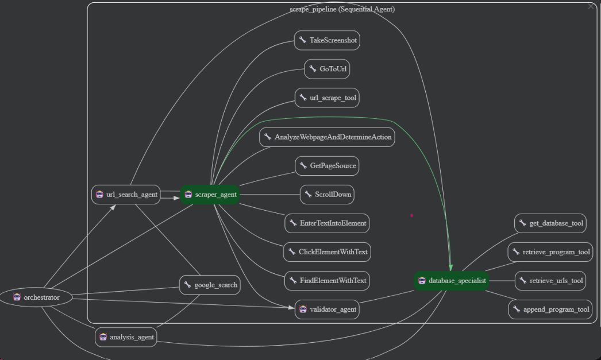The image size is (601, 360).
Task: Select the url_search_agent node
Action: pos(126,195)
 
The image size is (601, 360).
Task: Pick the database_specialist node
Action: pos(451,281)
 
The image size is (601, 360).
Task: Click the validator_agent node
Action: pos(328,309)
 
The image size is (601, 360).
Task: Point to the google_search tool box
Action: pos(210,285)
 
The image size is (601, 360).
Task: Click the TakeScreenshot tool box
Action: pos(327,40)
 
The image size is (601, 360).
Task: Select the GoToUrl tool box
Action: pos(328,69)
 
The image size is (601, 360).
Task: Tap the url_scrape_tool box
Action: pos(328,98)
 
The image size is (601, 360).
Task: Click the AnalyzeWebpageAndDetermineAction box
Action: pos(328,137)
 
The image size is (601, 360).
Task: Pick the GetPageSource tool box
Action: pos(327,166)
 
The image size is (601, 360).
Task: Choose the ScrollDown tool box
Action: pos(327,195)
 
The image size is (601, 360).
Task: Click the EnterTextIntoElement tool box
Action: pos(327,223)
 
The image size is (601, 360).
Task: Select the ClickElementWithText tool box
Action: pos(327,251)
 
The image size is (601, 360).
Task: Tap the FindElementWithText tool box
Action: pos(327,281)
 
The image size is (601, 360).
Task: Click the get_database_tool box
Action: pos(550,223)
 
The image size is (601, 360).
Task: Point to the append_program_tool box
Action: pos(550,309)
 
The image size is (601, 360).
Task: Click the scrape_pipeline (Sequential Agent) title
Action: pos(342,9)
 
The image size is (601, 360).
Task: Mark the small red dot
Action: pos(411,216)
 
